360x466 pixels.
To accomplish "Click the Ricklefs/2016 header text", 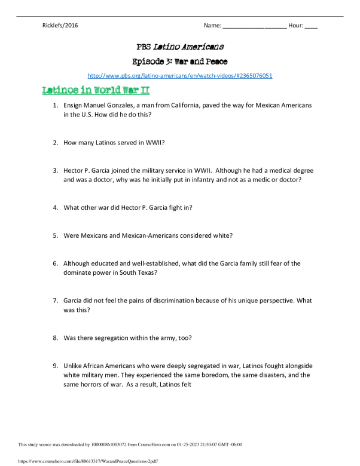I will [x=60, y=26].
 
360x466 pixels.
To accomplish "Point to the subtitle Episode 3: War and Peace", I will [x=180, y=61].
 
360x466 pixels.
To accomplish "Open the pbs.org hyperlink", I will [x=180, y=76].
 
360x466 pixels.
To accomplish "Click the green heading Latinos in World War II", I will [x=95, y=90].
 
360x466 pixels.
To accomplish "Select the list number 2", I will [x=55, y=143].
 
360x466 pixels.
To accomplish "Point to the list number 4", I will [x=55, y=207].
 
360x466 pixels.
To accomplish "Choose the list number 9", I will [x=55, y=366].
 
